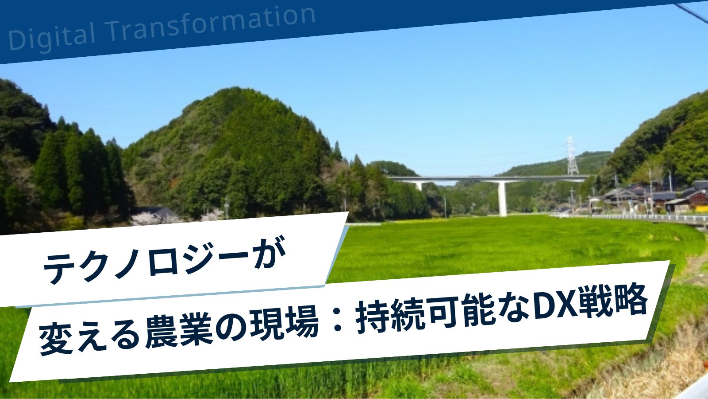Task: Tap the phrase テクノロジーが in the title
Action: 164,260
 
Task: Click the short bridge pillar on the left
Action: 419,186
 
